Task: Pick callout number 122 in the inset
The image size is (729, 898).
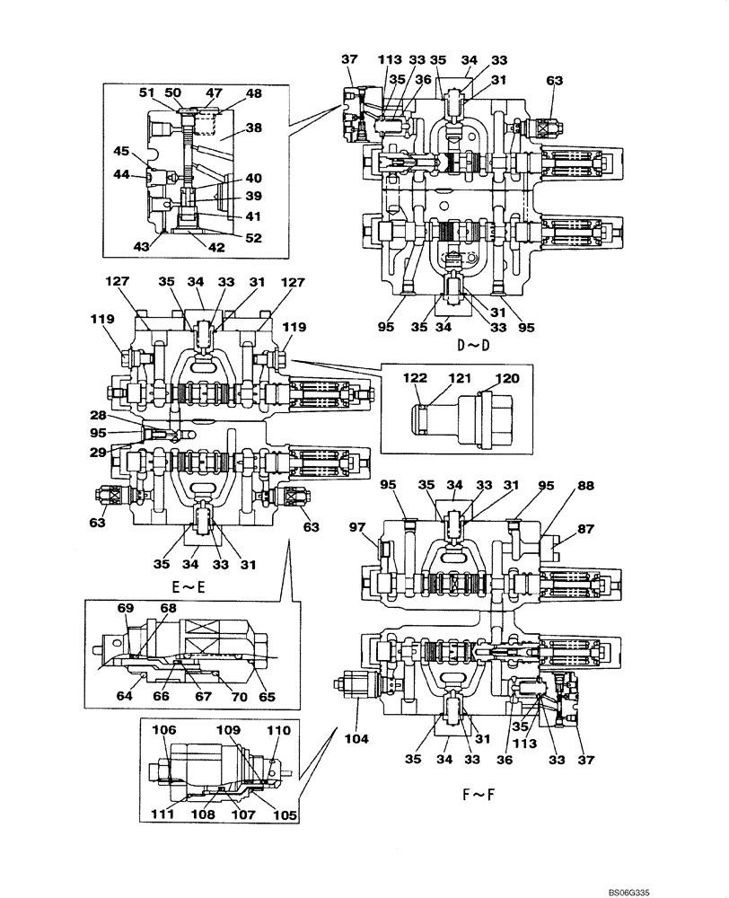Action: click(416, 380)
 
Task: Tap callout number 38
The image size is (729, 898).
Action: click(254, 128)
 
